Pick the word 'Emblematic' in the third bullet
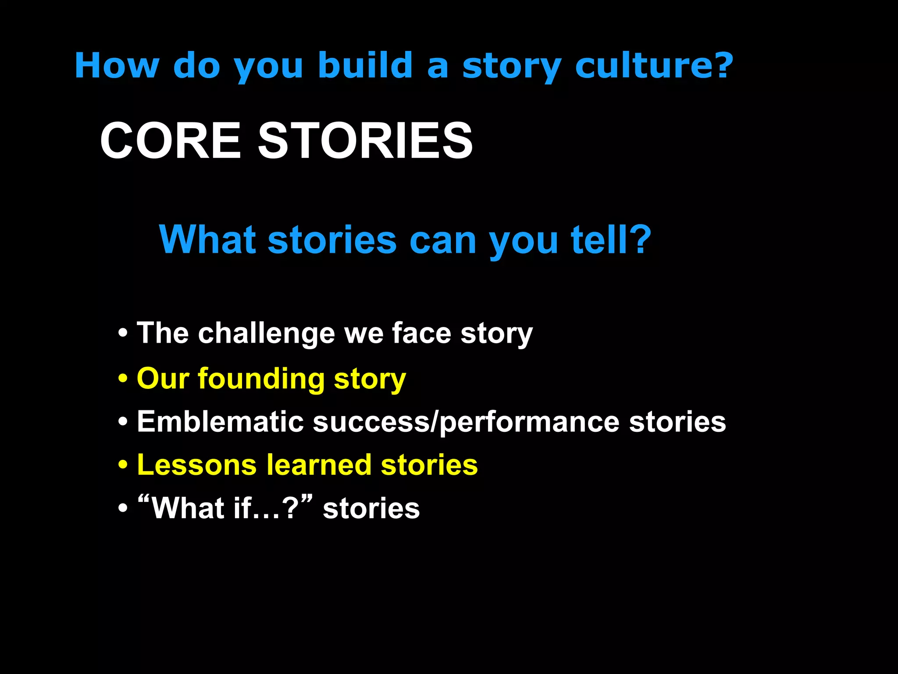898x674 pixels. coord(220,422)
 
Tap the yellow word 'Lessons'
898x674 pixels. coord(197,465)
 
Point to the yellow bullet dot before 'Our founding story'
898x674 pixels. coord(123,379)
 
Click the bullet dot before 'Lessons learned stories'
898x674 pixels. coord(123,466)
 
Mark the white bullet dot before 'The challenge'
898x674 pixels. coord(123,333)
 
